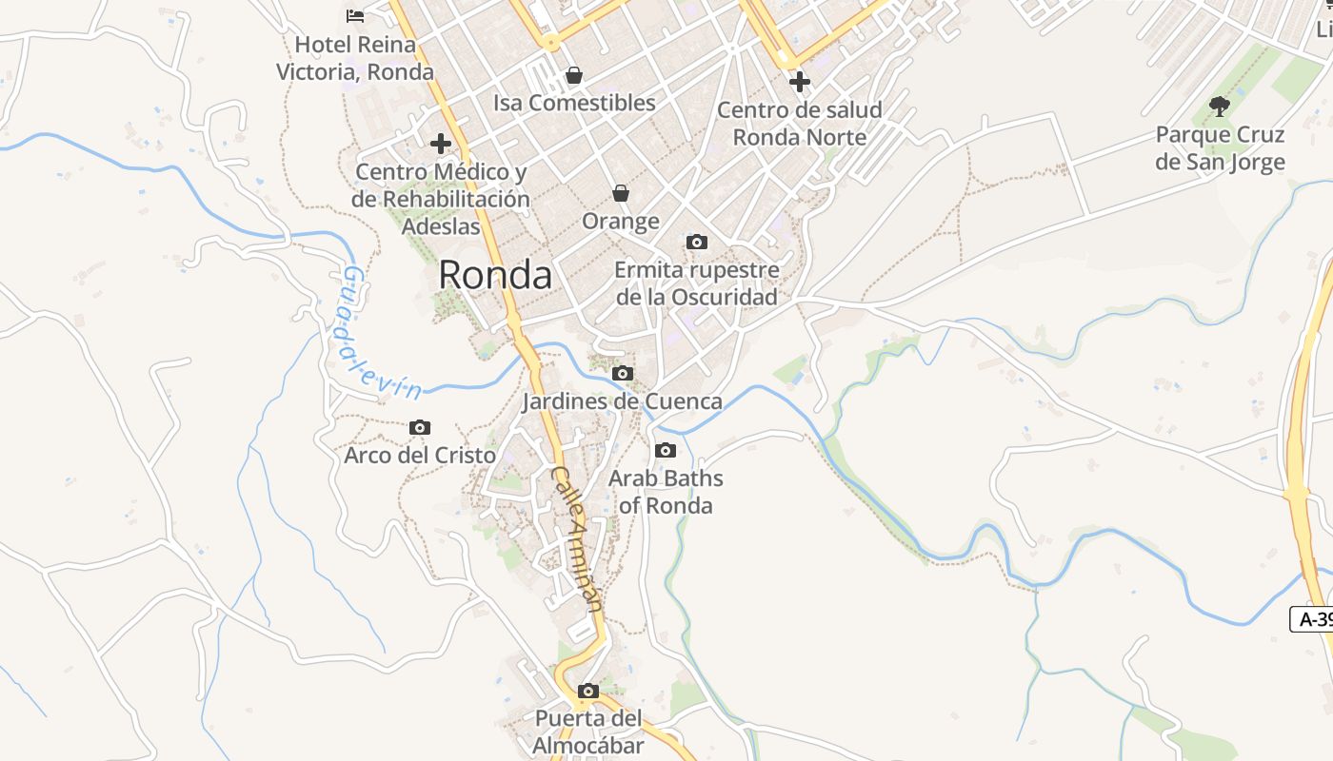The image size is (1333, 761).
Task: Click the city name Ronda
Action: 495,275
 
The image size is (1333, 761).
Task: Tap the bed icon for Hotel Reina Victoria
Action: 355,15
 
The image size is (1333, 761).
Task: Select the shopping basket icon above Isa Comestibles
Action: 574,74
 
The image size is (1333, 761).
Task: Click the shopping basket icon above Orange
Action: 621,193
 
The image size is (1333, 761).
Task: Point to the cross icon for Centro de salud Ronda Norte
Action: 800,82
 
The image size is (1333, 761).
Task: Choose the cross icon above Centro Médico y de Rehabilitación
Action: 441,144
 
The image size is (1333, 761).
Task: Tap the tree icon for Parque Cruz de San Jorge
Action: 1219,106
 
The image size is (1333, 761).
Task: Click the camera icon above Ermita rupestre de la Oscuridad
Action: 697,242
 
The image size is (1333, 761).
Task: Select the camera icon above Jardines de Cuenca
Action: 623,373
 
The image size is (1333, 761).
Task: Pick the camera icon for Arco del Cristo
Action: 420,428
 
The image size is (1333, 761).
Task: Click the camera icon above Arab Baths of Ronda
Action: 666,450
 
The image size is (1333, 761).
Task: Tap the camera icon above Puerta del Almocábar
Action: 588,691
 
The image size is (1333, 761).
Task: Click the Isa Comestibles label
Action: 574,103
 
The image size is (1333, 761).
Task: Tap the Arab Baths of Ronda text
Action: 666,491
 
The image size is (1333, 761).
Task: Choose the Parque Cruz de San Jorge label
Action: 1220,148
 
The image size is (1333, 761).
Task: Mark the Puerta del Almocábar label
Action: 588,732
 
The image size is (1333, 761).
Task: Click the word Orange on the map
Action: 621,222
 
